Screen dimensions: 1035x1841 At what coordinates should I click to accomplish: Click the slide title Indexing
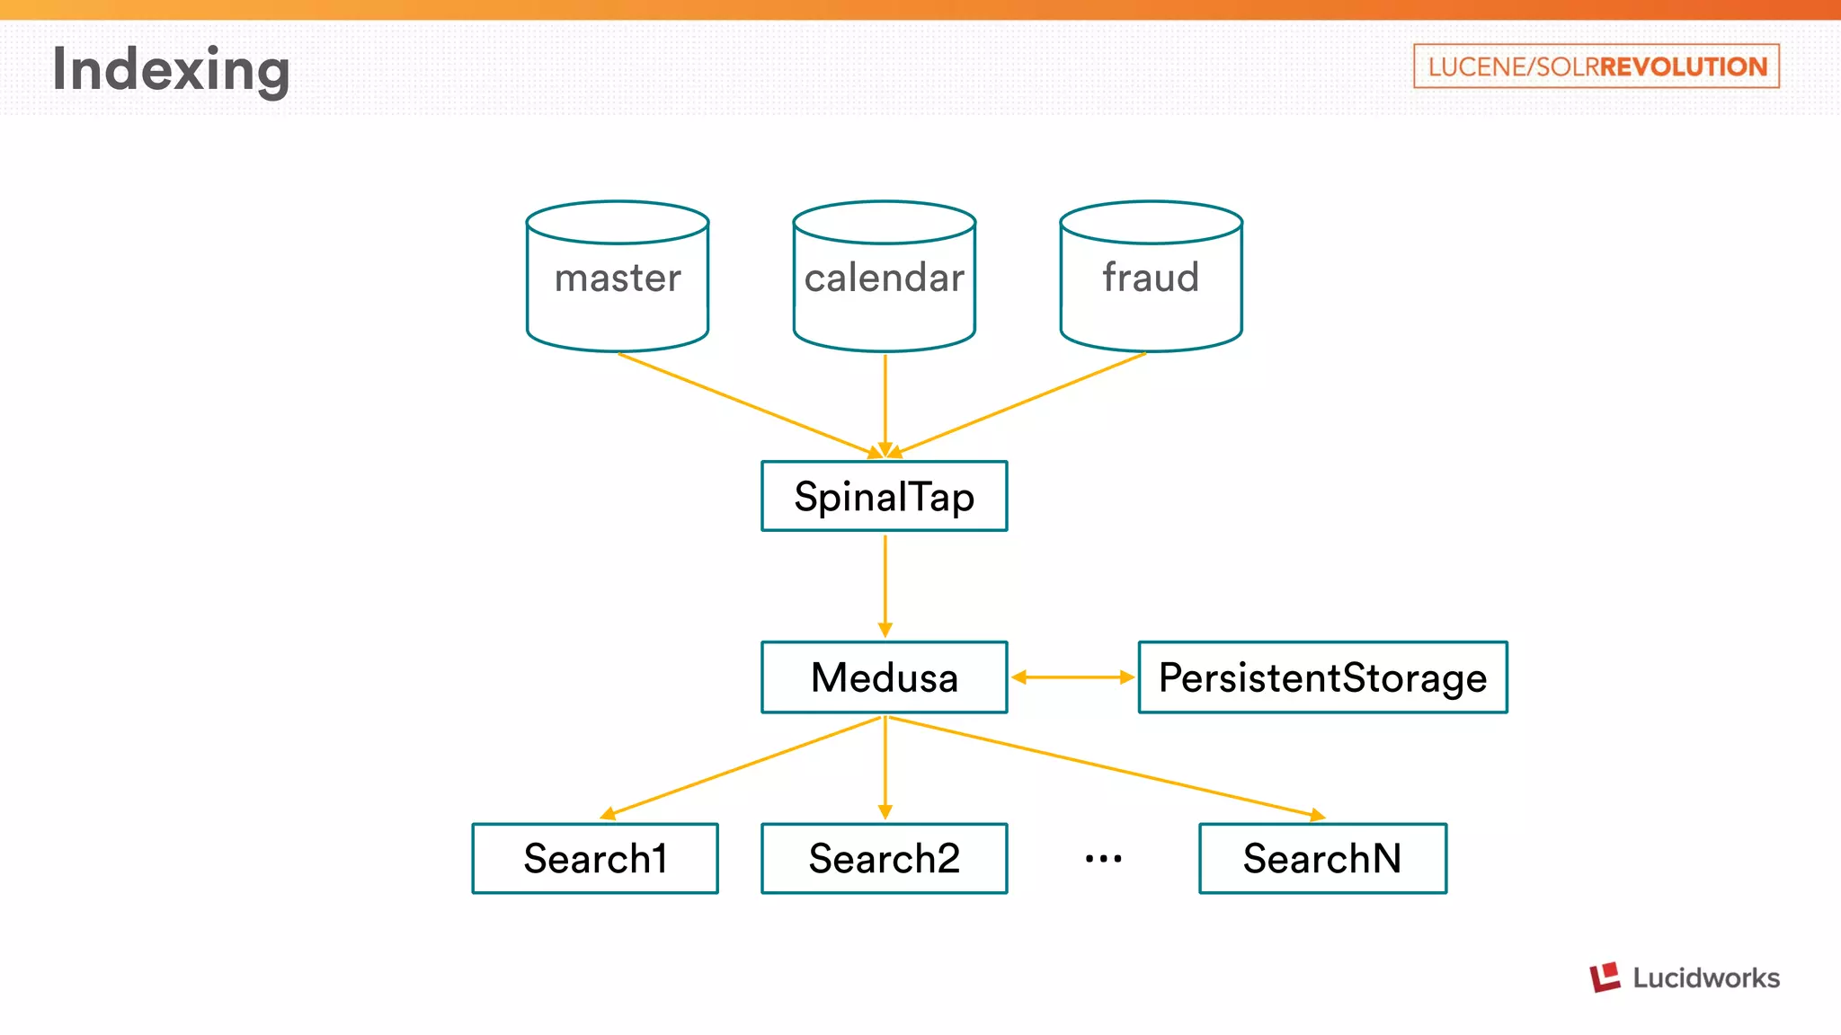click(x=171, y=69)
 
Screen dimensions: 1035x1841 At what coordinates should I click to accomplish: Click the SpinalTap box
click(x=885, y=496)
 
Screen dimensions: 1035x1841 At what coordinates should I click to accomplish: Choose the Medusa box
click(x=885, y=677)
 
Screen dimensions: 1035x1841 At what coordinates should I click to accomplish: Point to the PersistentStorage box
click(x=1322, y=677)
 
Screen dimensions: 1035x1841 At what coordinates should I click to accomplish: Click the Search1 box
click(x=595, y=858)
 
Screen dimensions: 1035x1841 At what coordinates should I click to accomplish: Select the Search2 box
click(x=885, y=858)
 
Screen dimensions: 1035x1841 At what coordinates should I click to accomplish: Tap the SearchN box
click(x=1322, y=858)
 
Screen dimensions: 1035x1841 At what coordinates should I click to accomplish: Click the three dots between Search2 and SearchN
click(x=1103, y=859)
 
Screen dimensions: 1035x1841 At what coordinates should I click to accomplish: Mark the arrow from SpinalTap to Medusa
click(x=885, y=584)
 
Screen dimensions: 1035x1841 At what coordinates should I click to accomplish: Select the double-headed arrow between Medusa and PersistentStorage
click(x=1072, y=677)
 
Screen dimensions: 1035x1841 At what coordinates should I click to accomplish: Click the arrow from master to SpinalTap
click(x=746, y=404)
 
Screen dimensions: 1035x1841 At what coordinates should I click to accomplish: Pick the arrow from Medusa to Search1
click(x=742, y=766)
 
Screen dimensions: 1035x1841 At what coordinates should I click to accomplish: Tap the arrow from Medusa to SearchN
click(x=1106, y=766)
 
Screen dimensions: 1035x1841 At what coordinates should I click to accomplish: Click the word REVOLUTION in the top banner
click(x=1683, y=66)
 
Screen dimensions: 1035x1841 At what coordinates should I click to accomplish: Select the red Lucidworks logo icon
click(x=1605, y=977)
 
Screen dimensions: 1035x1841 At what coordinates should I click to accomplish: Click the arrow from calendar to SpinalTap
click(x=885, y=404)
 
